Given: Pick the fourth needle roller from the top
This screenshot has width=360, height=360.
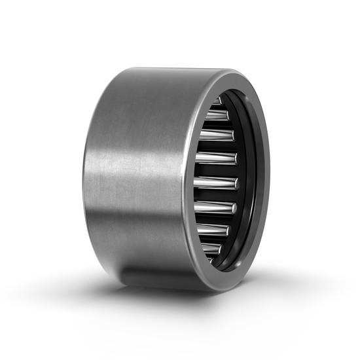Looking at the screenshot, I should point(216,158).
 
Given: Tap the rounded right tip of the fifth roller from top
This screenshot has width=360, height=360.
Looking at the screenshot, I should point(236,183).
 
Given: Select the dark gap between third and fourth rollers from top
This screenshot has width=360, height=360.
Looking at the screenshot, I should point(216,147).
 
